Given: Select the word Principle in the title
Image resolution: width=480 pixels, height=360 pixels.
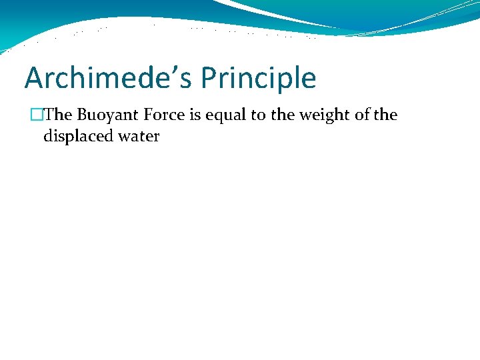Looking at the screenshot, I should (258, 79).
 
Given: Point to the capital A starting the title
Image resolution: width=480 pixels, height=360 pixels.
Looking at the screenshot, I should (33, 79).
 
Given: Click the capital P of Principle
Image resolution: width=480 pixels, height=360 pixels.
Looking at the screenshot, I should (208, 79).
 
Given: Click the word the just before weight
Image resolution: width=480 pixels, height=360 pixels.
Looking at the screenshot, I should (282, 115).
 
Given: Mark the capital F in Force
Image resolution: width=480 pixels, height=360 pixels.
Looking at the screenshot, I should (147, 115).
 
